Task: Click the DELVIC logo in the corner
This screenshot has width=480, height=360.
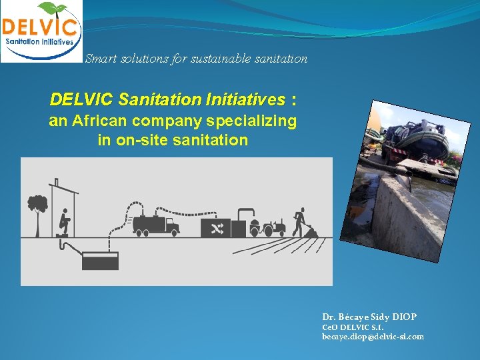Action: [41, 31]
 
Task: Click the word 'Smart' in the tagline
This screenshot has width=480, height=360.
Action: [101, 59]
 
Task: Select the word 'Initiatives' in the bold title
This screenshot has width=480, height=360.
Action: [245, 99]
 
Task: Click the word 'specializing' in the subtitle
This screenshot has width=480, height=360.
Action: [255, 121]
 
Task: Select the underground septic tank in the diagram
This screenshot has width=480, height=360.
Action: [100, 260]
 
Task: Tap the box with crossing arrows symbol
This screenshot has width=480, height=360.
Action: [216, 228]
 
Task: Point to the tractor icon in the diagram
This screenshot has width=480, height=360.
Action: [273, 228]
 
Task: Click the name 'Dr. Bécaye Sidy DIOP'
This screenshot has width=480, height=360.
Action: [369, 317]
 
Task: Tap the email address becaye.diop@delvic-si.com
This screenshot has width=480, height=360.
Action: [373, 337]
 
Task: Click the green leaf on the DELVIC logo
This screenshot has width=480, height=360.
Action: [53, 9]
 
